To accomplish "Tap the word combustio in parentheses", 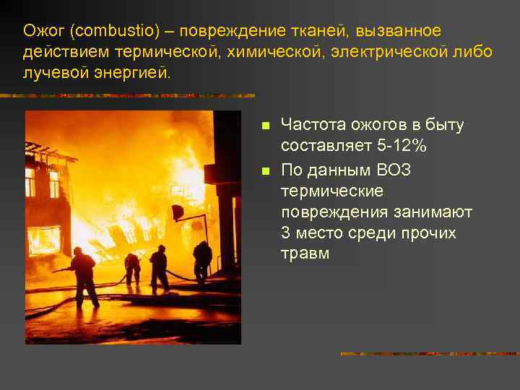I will pos(110,31).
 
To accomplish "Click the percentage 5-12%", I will pos(403,146).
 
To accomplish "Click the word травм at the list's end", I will pos(305,253).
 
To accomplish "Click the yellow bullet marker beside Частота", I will pos(265,126).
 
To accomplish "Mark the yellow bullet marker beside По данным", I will pos(265,170).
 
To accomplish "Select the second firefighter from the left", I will pos(133,269).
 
